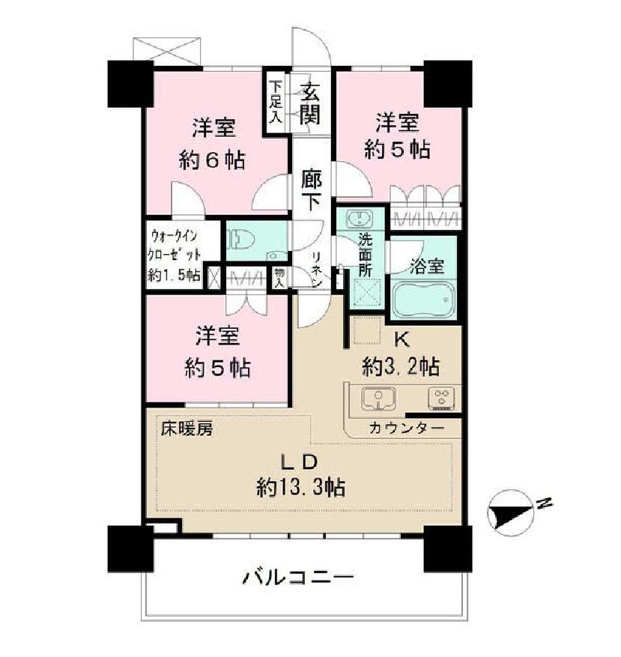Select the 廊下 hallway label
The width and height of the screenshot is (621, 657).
312,190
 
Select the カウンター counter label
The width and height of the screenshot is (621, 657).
405,428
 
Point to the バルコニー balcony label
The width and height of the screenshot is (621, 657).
297,578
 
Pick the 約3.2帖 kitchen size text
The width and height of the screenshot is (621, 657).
401,367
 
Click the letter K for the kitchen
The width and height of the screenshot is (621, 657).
401,339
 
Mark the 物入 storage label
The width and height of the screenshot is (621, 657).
279,278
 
